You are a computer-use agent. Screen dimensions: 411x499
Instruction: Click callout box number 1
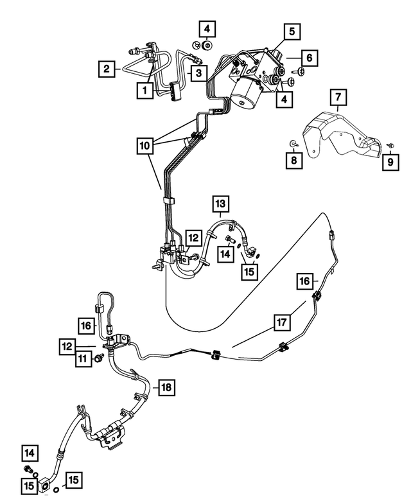tap(145, 90)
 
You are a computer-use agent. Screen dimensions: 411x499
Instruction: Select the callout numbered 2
tap(107, 69)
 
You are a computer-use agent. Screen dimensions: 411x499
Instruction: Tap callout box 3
tap(199, 73)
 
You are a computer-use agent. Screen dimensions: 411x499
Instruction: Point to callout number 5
tap(292, 31)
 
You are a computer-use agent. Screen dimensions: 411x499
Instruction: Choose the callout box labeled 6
tap(309, 58)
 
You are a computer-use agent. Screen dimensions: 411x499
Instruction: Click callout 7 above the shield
tap(338, 98)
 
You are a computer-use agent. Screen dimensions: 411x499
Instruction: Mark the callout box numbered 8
tap(293, 160)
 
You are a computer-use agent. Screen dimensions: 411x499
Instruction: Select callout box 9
tap(390, 162)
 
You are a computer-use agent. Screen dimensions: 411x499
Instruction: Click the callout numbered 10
tap(144, 146)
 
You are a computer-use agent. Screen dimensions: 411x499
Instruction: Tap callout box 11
tap(83, 359)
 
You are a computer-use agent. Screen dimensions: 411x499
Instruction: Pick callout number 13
tap(220, 204)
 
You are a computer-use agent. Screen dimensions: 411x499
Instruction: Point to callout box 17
tap(282, 323)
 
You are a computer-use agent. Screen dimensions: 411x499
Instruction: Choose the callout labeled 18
tap(167, 388)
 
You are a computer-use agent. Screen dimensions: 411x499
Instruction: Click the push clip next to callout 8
tap(293, 144)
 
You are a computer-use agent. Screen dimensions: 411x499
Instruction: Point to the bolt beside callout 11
tap(98, 358)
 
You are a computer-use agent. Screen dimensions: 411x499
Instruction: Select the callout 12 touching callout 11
tap(67, 347)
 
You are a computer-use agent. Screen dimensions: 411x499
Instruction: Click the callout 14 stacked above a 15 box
tap(30, 453)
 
